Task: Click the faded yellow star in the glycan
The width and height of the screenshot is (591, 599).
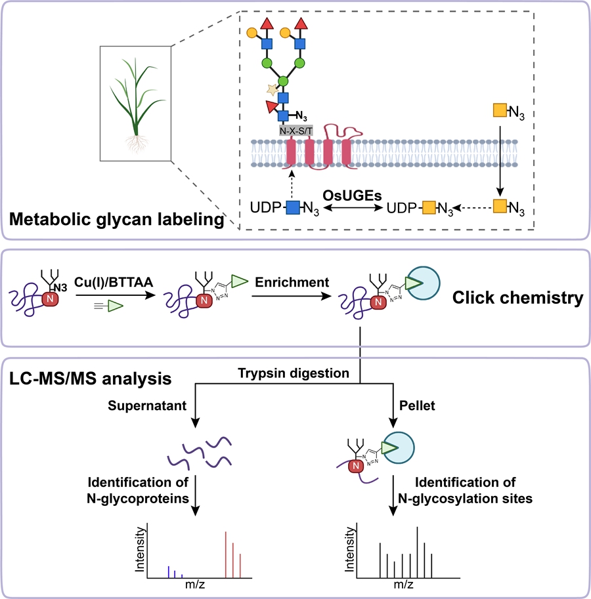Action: click(x=269, y=89)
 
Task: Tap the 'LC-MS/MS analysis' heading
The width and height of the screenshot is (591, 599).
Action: click(x=90, y=379)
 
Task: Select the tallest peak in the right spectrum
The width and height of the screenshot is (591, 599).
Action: click(x=418, y=550)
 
